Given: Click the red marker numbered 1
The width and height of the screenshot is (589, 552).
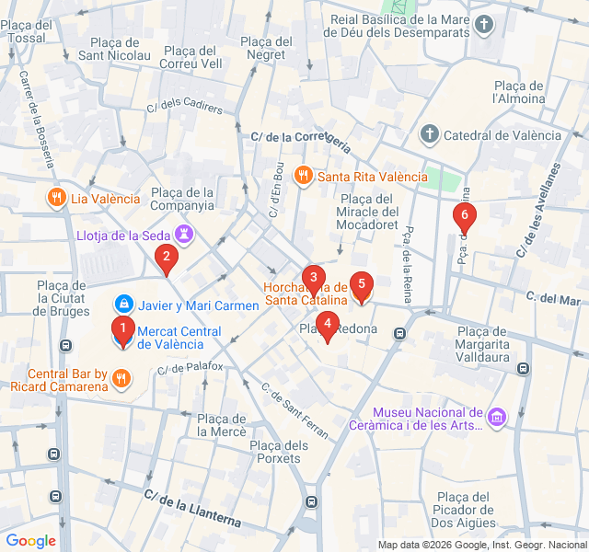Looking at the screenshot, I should [x=121, y=328].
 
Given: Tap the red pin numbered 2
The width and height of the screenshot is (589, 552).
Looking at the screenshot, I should [x=166, y=259].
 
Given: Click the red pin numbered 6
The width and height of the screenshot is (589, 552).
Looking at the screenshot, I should [x=465, y=217].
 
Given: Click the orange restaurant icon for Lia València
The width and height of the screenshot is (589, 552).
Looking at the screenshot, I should [x=56, y=198].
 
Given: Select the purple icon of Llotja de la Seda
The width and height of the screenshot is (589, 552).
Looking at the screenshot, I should [x=186, y=235].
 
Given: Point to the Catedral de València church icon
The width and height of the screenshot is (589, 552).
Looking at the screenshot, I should [x=429, y=135].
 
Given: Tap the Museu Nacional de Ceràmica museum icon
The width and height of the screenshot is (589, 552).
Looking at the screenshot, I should [x=497, y=419].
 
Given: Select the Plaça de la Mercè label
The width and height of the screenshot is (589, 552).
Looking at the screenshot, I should [x=221, y=425].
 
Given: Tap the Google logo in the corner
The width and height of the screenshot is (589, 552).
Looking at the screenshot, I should [x=30, y=541].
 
